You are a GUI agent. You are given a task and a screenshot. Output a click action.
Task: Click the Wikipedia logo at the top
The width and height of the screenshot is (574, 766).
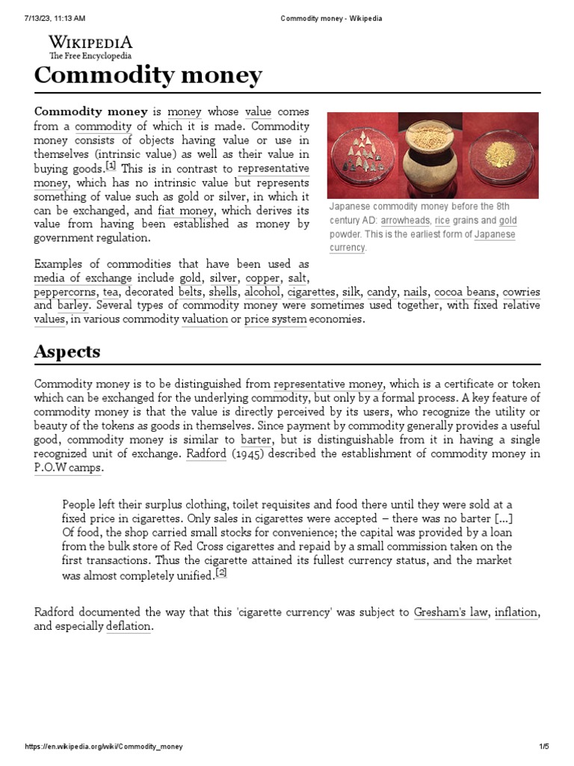coord(90,46)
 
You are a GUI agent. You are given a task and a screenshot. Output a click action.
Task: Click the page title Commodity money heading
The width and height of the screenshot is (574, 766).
coord(148,76)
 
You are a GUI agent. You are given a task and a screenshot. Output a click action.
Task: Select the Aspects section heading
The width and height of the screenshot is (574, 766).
coord(67,352)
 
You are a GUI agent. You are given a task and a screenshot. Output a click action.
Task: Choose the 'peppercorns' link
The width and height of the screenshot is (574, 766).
coord(64,292)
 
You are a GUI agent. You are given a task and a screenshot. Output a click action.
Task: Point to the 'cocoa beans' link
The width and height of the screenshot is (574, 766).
coord(465,292)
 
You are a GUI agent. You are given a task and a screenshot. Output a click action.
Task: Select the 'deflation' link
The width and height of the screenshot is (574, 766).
coord(128,626)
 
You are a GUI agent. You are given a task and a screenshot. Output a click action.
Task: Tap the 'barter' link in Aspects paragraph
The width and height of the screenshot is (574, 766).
coord(256,440)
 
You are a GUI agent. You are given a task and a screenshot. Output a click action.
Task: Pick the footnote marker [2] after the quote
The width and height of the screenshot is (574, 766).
coord(220,573)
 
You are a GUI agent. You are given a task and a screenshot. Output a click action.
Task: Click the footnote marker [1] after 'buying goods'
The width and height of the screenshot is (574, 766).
coord(111,166)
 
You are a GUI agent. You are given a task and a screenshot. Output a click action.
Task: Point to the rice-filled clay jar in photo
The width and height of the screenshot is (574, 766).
coord(429,156)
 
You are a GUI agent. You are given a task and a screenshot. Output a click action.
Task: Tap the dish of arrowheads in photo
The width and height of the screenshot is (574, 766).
coord(362,155)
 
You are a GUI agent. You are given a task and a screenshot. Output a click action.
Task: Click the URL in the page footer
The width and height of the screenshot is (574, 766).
coord(104,747)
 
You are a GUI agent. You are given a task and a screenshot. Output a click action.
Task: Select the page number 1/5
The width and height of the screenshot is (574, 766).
coord(543,747)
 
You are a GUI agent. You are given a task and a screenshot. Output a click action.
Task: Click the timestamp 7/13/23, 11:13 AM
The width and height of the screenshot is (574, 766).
coord(55,18)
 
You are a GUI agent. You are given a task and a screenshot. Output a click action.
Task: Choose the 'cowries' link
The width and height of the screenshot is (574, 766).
coord(521,292)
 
